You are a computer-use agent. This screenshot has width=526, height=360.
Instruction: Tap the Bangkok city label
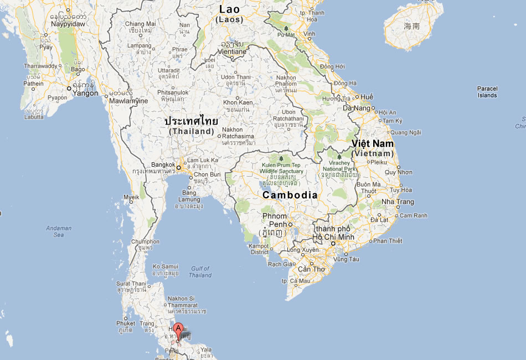pyautogui.click(x=163, y=165)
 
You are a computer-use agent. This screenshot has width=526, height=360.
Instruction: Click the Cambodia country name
pyautogui.click(x=290, y=195)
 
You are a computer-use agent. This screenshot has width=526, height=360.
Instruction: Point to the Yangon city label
pyautogui.click(x=86, y=94)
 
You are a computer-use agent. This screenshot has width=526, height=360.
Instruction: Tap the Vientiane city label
pyautogui.click(x=232, y=52)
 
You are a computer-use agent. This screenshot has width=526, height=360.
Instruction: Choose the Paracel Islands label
pyautogui.click(x=487, y=92)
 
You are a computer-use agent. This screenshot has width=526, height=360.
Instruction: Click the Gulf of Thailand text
pyautogui.click(x=199, y=272)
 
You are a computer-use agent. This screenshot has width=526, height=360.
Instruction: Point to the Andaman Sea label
pyautogui.click(x=59, y=232)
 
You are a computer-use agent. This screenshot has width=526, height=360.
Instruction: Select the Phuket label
pyautogui.click(x=126, y=323)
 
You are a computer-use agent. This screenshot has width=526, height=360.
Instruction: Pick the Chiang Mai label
pyautogui.click(x=140, y=24)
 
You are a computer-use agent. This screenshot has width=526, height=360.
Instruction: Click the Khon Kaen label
pyautogui.click(x=238, y=102)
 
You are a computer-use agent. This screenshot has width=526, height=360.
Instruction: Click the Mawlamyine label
pyautogui.click(x=129, y=101)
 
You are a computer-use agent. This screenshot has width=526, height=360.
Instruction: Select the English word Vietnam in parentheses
pyautogui.click(x=373, y=153)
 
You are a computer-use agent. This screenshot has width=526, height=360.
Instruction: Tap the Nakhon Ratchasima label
pyautogui.click(x=238, y=136)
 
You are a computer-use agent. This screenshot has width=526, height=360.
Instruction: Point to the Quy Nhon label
pyautogui.click(x=398, y=172)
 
